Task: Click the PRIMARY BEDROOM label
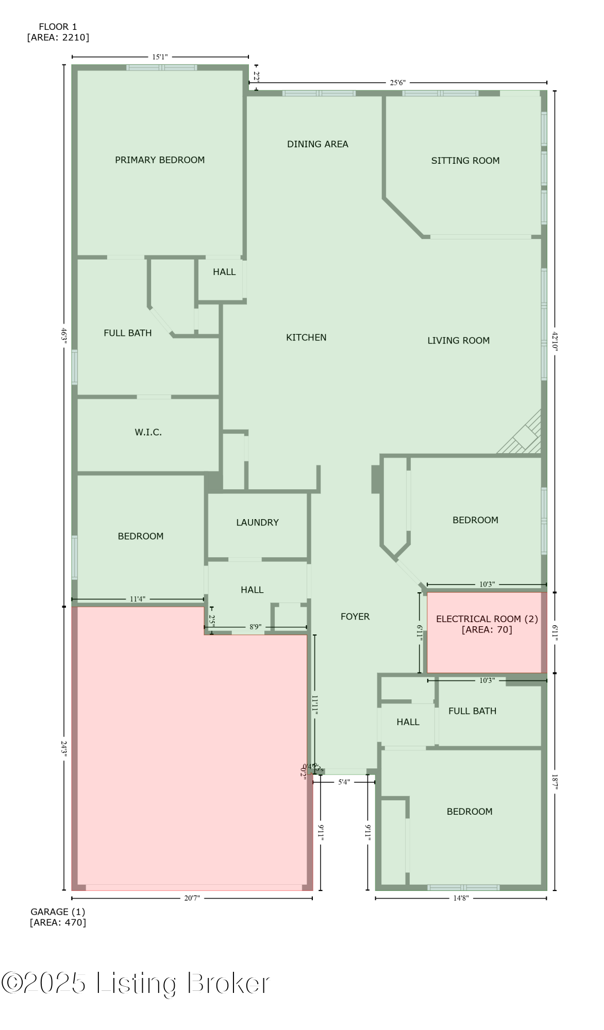click(160, 160)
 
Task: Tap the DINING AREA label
click(317, 144)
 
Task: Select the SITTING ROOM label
click(465, 161)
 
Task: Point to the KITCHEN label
click(306, 337)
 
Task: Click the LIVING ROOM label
click(458, 340)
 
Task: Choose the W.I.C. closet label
click(148, 433)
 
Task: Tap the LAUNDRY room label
click(257, 522)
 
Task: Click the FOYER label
click(355, 616)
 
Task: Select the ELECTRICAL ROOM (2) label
click(486, 619)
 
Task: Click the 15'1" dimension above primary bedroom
click(160, 57)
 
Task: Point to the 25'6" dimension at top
click(397, 82)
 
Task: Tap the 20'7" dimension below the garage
click(192, 898)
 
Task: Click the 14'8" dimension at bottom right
click(461, 898)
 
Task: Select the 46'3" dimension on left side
click(64, 336)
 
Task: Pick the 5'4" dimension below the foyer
click(344, 782)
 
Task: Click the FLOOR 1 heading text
click(58, 27)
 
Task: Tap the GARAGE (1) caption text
click(58, 912)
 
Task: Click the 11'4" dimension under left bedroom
click(137, 599)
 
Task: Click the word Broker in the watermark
click(228, 984)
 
